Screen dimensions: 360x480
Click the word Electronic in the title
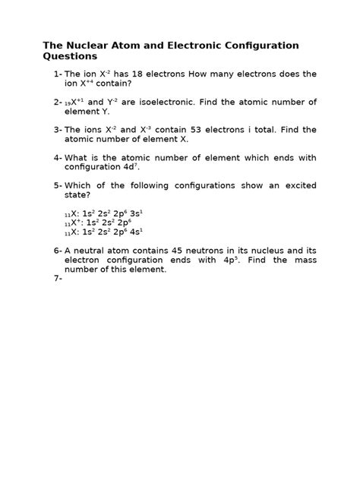coord(176,46)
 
